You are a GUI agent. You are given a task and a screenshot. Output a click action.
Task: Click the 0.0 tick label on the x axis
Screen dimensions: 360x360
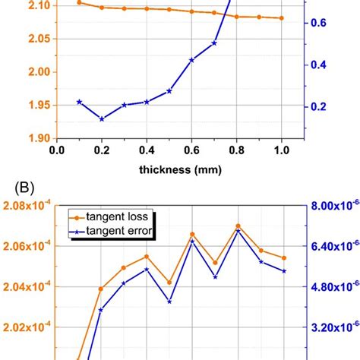pos(56,151)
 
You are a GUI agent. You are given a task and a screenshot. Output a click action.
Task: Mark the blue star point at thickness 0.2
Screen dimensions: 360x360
pos(102,118)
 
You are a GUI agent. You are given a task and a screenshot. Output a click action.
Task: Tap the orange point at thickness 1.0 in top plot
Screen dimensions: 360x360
pos(282,18)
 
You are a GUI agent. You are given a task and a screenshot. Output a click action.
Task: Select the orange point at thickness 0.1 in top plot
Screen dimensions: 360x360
pos(79,3)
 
